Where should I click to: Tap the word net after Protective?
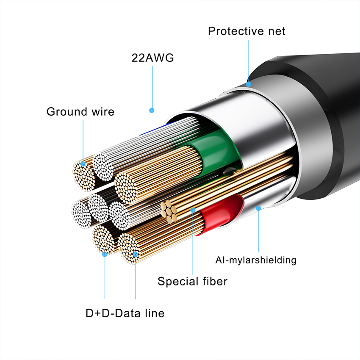[274, 31]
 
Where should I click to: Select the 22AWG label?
[152, 58]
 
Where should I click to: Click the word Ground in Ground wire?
[64, 112]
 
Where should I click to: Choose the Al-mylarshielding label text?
[255, 260]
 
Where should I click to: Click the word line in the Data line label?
[153, 313]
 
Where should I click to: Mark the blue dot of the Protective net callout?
[249, 84]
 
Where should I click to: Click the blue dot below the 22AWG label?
[152, 111]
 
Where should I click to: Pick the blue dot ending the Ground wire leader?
[83, 163]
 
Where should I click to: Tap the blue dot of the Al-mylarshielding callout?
[258, 208]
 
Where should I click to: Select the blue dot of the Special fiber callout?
[193, 210]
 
